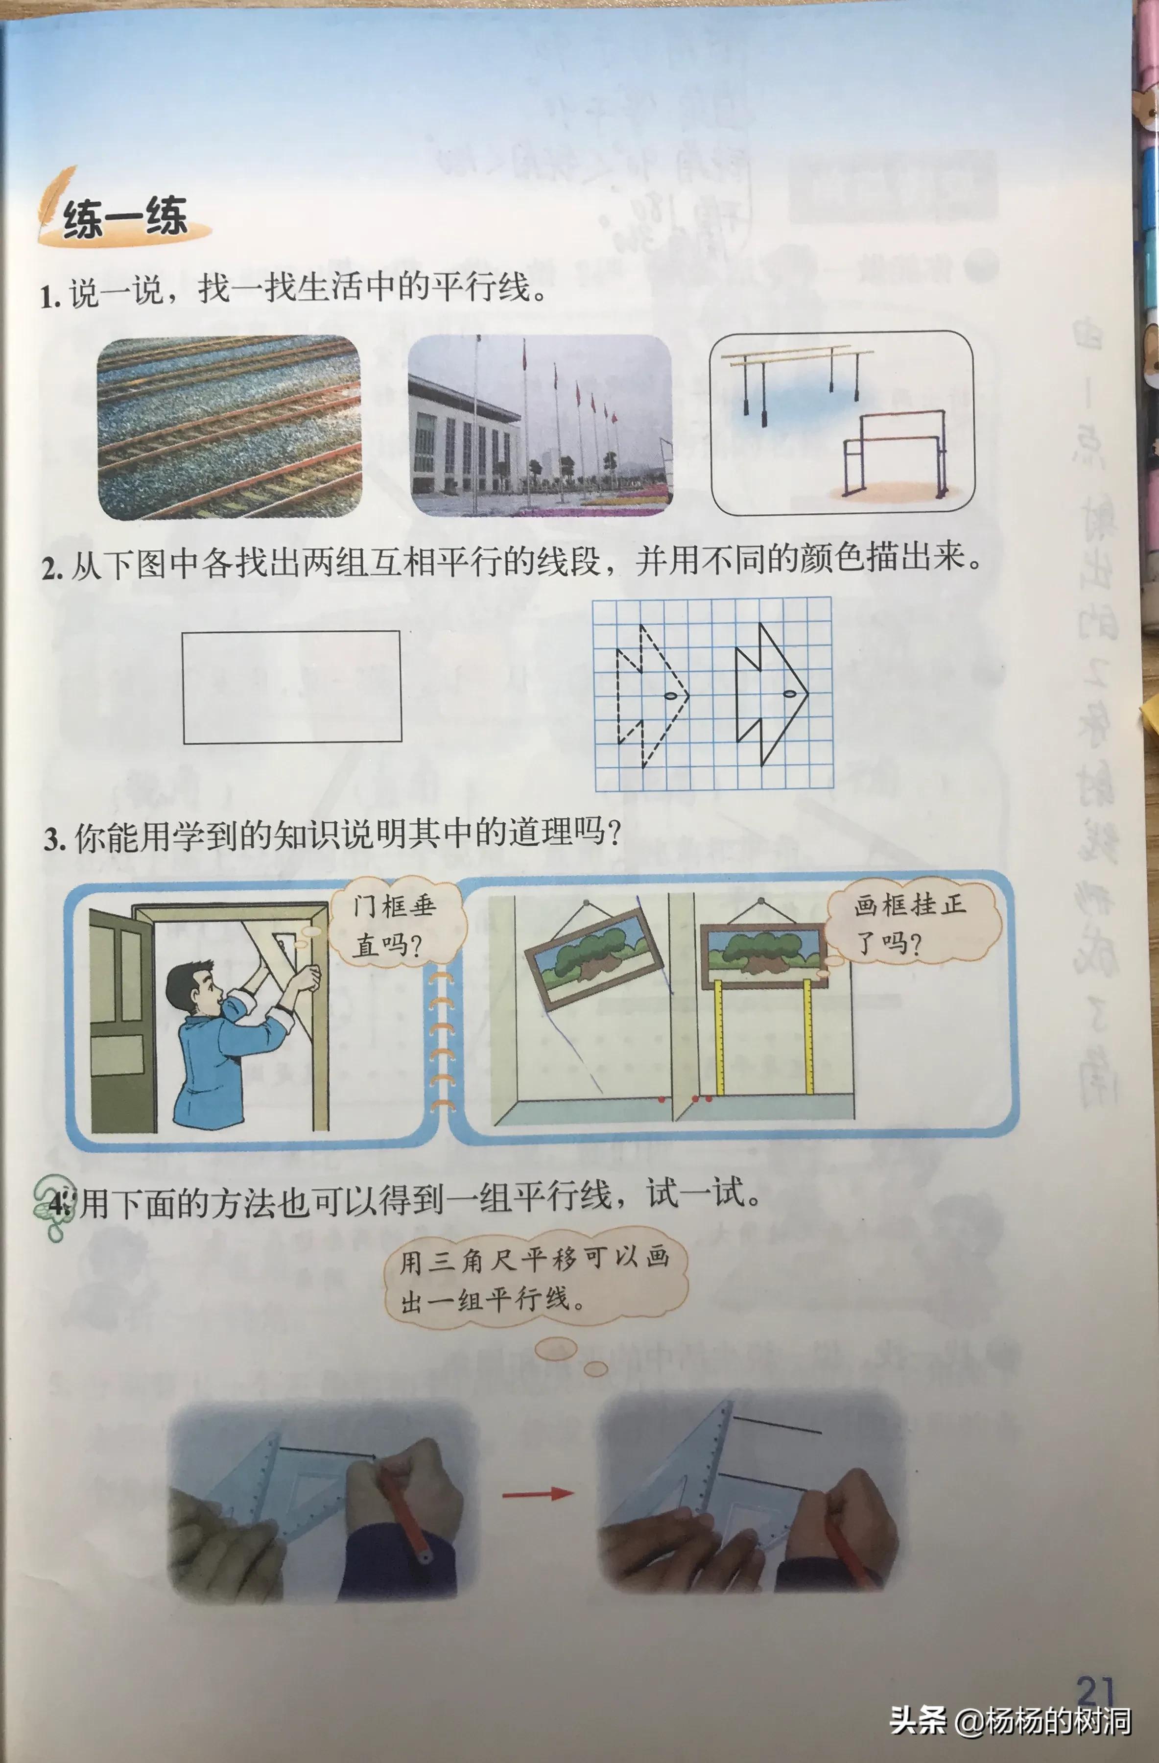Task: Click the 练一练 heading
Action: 124,218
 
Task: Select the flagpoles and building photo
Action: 540,426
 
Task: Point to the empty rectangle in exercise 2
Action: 292,687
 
